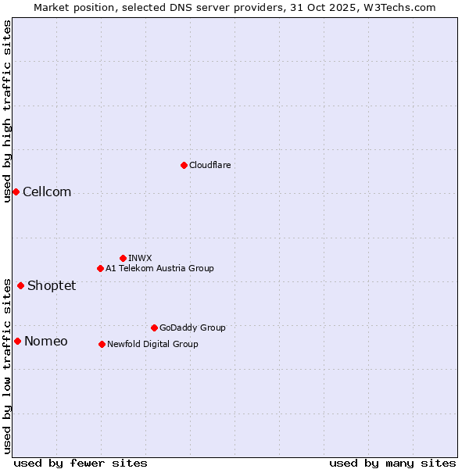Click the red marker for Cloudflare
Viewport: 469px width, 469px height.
[184, 165]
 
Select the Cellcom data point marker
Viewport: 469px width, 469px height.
[16, 192]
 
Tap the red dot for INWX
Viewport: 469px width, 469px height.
[123, 258]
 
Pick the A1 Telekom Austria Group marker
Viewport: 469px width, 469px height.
[100, 268]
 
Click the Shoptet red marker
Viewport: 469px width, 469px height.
[20, 285]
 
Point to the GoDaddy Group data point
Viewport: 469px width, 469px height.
[154, 328]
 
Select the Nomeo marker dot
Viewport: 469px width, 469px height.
[17, 341]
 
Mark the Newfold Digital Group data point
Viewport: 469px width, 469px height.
[102, 344]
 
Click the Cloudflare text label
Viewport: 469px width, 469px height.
[209, 165]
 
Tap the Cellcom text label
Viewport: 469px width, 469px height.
[47, 192]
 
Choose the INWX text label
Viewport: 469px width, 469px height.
[140, 258]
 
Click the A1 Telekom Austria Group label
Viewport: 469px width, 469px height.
[159, 268]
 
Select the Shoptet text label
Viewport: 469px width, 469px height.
[52, 285]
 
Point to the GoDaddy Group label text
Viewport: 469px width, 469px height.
[192, 328]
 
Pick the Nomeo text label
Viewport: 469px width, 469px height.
[46, 341]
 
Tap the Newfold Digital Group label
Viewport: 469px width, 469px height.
[152, 344]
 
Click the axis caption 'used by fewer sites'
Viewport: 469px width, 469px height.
[81, 463]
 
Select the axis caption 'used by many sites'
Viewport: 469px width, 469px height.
[392, 463]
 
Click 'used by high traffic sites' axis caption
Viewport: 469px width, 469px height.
[7, 110]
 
